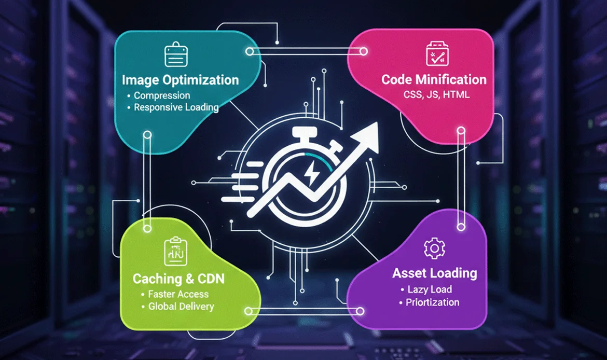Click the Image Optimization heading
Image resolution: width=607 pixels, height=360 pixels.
point(181,80)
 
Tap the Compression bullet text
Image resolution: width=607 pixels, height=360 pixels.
point(162,95)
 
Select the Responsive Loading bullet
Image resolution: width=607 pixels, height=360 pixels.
point(176,107)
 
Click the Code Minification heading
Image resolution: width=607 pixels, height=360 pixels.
point(434,79)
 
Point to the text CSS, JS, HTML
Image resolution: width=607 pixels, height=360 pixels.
point(437,95)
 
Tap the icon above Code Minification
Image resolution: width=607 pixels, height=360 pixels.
point(436,54)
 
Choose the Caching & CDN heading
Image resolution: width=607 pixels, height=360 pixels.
point(178,279)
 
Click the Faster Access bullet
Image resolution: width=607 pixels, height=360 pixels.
point(178,294)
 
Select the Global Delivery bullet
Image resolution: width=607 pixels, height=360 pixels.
point(181,306)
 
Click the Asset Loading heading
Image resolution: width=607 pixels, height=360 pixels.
point(435,273)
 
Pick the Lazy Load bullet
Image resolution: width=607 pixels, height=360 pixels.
point(430,289)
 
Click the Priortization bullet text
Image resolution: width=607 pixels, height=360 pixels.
point(432,302)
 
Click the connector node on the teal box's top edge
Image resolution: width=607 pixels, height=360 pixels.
point(250,51)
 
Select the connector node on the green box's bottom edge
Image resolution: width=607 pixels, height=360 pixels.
point(249,311)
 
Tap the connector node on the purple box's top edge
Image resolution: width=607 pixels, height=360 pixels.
point(460,226)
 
